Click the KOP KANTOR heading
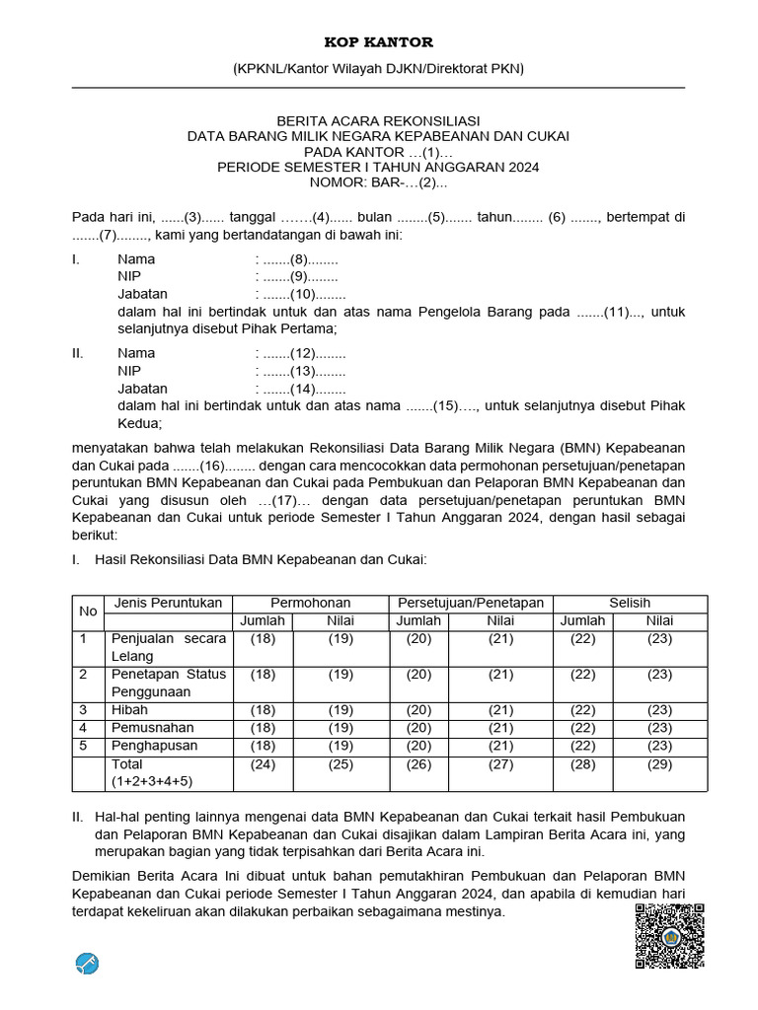tap(379, 41)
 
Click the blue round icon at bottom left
tap(88, 963)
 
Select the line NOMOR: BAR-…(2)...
tap(379, 182)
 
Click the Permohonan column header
tap(311, 603)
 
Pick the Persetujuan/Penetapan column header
tap(470, 603)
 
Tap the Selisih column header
tap(631, 603)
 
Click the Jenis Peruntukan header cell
tap(169, 603)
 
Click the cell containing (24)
tap(263, 764)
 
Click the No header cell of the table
tap(88, 612)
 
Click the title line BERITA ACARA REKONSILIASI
tap(379, 119)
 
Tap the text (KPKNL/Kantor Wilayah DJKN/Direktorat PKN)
tap(379, 69)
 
